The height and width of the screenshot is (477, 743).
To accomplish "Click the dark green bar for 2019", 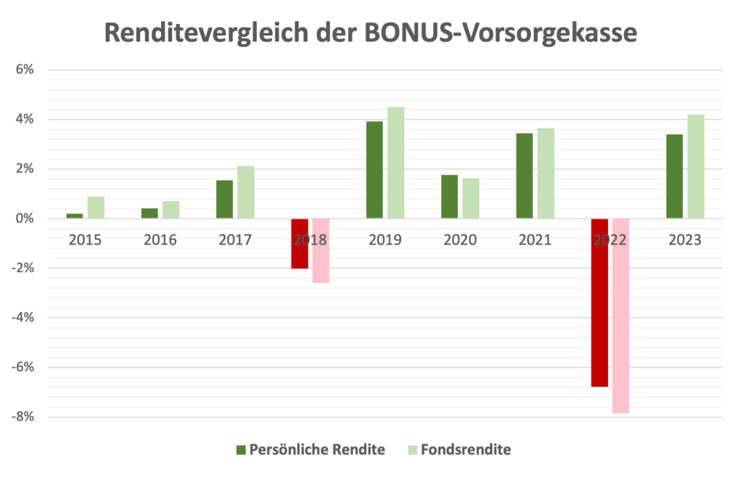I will point(374,170).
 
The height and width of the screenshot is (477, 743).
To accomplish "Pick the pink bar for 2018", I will point(321,250).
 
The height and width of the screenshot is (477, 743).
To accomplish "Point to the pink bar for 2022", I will point(620,316).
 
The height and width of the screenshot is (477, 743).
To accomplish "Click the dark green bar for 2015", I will point(75,216).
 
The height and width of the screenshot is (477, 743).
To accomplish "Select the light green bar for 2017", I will point(246,192).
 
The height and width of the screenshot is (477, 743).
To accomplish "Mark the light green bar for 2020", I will point(471,198).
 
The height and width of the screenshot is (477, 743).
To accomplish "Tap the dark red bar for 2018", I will point(300,243).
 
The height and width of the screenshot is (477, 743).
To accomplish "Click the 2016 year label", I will point(160,240).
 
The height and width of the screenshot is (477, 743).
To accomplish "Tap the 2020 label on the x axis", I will point(460,240).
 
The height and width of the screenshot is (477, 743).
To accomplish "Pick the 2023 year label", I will point(685,240).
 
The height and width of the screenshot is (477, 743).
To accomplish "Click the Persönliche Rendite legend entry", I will point(317,449).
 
